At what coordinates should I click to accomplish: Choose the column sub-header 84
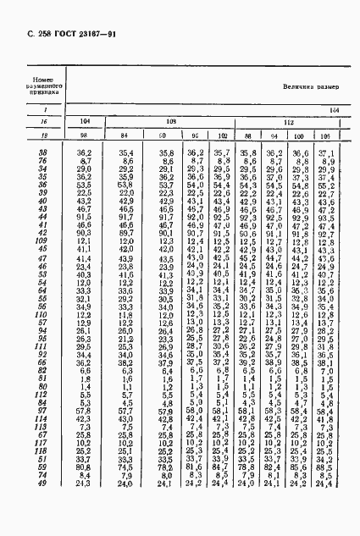click(x=125, y=136)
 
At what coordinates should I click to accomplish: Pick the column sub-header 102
click(x=223, y=136)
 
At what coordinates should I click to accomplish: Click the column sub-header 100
click(x=299, y=136)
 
